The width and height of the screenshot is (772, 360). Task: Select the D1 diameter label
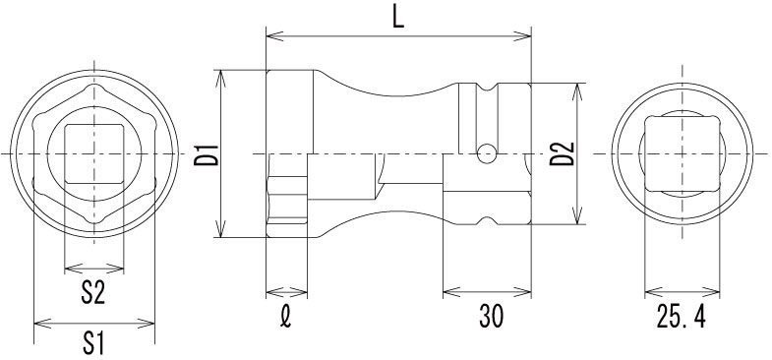coord(206,154)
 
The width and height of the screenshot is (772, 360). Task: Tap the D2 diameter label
coord(562,153)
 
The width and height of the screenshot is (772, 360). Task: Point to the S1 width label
coord(93,343)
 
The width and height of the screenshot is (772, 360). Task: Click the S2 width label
coord(93,292)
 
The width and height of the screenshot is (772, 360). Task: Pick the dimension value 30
coord(492,317)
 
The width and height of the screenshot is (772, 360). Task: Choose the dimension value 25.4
coord(682,317)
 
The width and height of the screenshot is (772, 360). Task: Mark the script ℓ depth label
coord(286,317)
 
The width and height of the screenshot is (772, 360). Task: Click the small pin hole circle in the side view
coord(487,153)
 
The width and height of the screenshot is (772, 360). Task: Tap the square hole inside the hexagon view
coord(94,153)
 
